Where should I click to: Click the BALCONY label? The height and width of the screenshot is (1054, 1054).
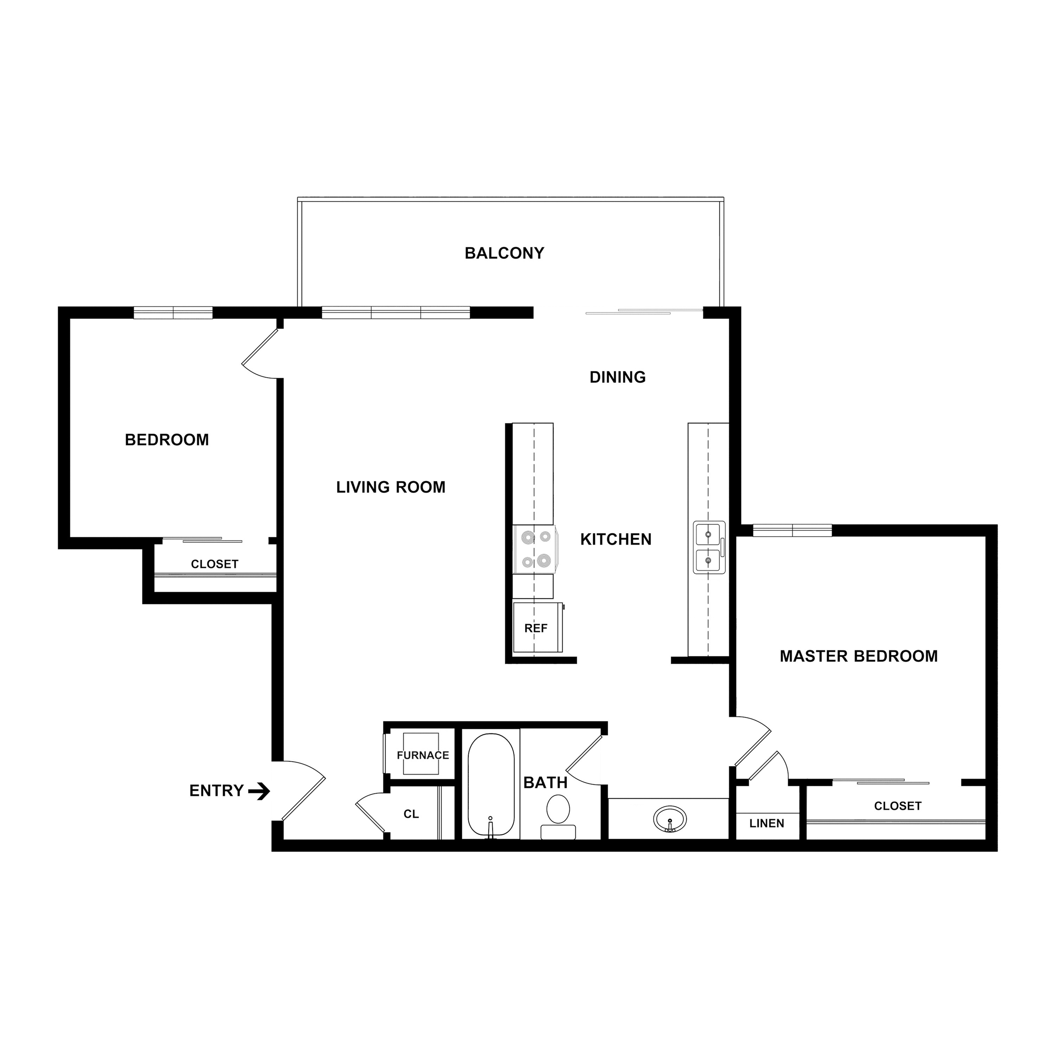tap(504, 253)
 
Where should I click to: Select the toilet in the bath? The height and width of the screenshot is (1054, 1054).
tap(558, 815)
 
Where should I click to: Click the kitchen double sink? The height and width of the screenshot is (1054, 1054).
tap(709, 547)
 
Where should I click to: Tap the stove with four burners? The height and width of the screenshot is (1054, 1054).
tap(535, 549)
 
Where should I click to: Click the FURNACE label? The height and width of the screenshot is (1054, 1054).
tap(423, 755)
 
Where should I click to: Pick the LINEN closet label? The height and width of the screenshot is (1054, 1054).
tap(767, 823)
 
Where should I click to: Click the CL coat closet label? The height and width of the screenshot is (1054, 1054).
tap(411, 814)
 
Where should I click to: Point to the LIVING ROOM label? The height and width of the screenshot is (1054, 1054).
tap(391, 487)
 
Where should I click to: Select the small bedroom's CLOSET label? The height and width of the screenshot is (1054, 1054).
tap(214, 564)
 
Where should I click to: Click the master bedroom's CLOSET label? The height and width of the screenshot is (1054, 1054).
tap(897, 806)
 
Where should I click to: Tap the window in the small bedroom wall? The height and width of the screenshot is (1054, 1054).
tap(173, 313)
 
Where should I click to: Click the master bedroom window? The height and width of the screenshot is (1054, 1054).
tap(792, 530)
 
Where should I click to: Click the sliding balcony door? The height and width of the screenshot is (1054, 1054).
tap(644, 312)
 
